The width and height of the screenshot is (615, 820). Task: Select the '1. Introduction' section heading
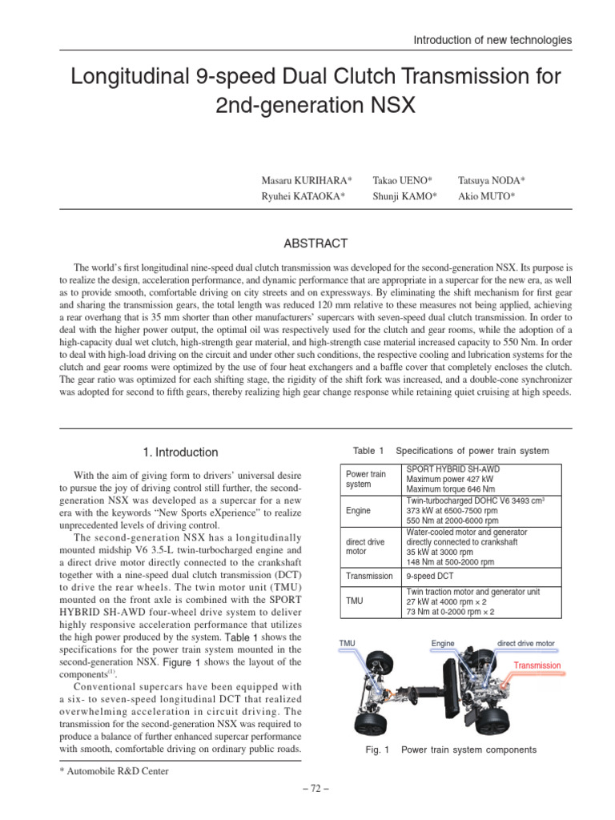pos(180,452)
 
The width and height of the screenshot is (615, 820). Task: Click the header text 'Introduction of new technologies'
pos(492,39)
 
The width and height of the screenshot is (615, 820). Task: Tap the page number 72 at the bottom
pos(307,789)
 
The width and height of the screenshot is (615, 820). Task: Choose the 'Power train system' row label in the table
pos(365,479)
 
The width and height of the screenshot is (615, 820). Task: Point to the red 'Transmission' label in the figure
pos(537,665)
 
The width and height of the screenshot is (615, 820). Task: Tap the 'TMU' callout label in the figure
pos(348,643)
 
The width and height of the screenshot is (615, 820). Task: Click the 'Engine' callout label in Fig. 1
pos(443,643)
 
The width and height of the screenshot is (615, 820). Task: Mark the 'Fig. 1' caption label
pos(375,750)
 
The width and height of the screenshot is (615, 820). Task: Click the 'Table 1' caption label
pos(368,450)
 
